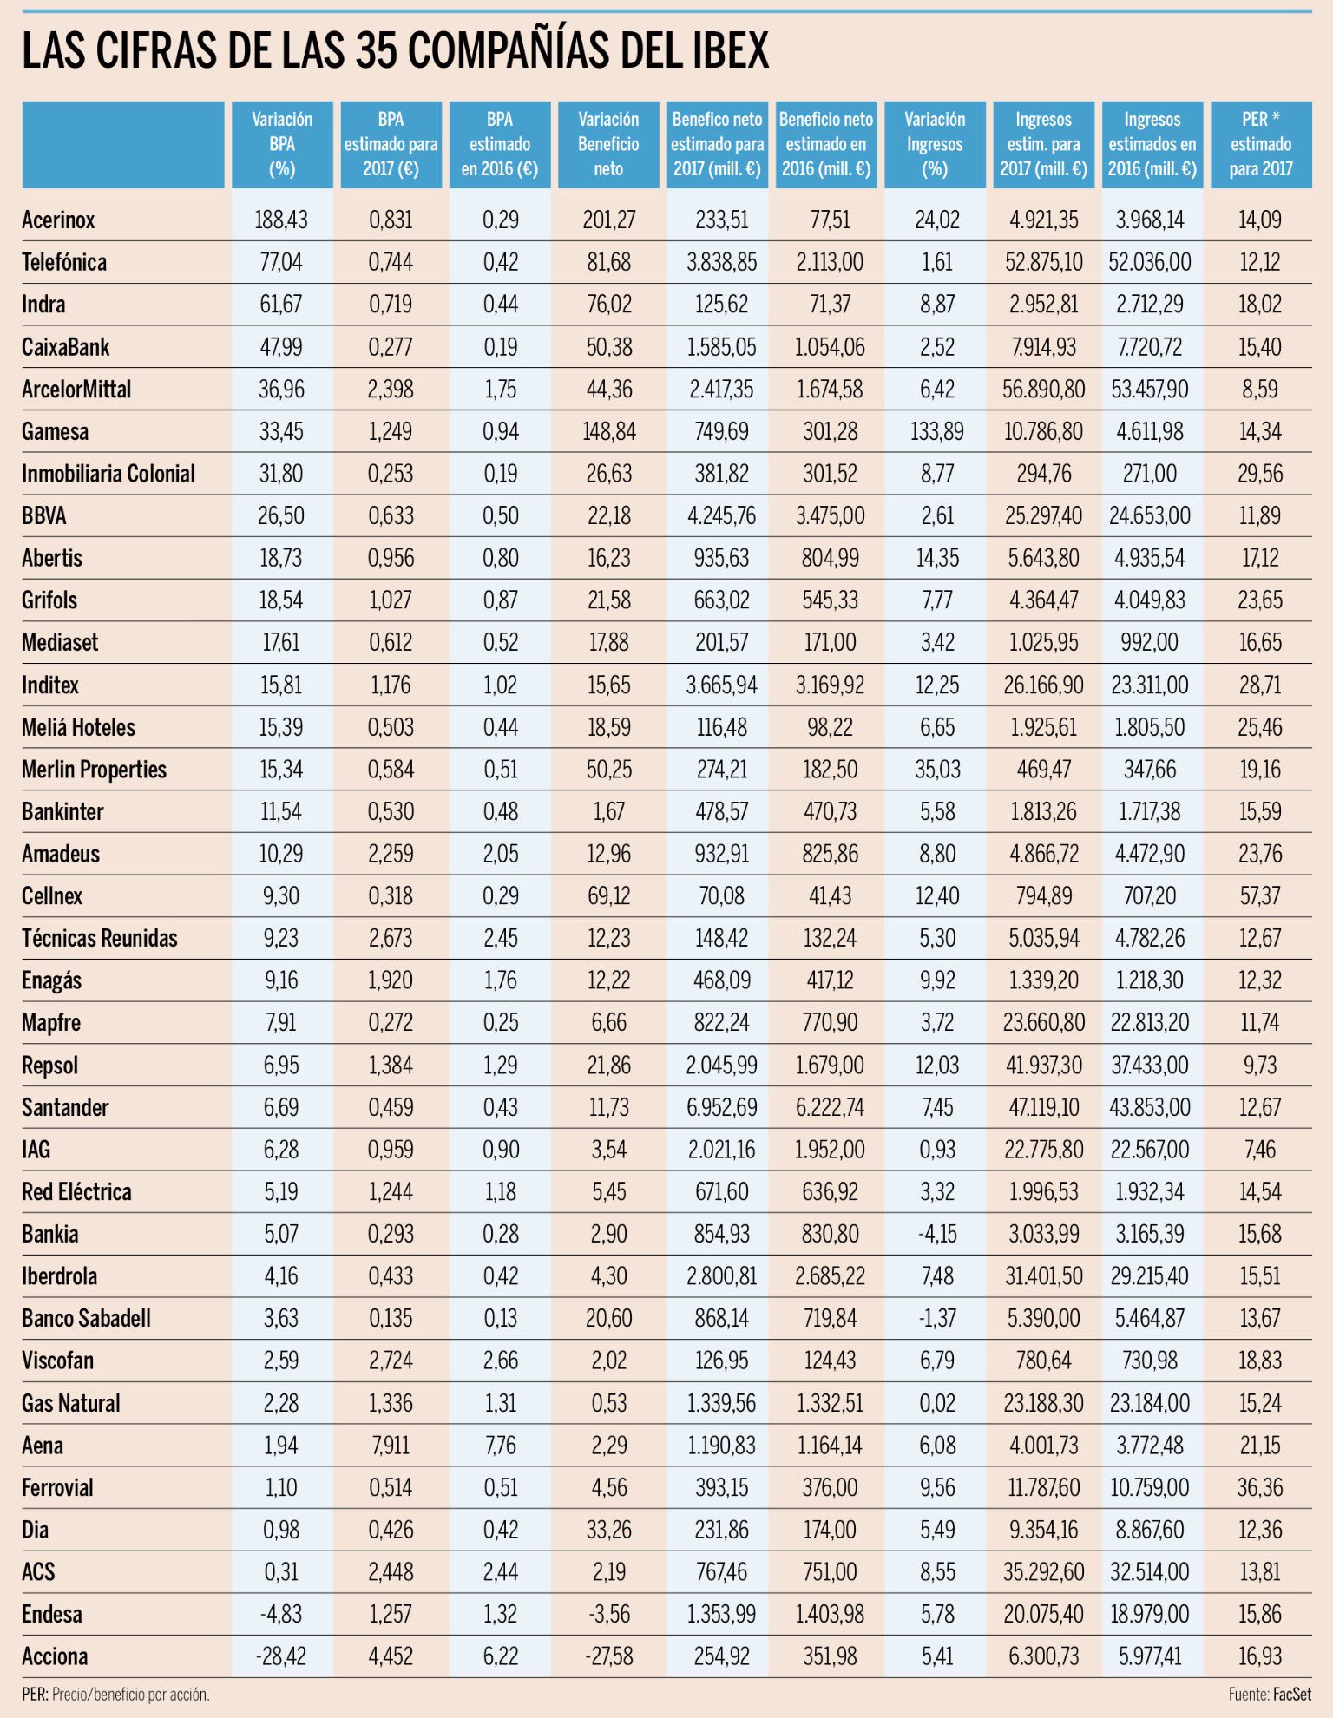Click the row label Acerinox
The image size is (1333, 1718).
[58, 220]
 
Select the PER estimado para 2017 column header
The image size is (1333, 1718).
[1260, 144]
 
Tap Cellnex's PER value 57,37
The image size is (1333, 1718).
[1259, 895]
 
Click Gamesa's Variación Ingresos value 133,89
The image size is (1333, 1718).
[937, 431]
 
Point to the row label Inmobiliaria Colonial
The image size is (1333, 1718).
[108, 474]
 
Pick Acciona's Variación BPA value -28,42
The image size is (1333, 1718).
[281, 1656]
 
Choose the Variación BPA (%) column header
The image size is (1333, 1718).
[282, 144]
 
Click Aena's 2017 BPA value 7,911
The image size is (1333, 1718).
[391, 1446]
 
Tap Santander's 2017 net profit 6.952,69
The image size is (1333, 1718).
[721, 1107]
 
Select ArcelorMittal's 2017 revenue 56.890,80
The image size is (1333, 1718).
[1043, 389]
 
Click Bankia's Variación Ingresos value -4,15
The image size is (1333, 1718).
[937, 1234]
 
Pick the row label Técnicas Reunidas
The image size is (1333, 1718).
[100, 938]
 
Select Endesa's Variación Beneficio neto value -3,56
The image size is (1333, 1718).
[608, 1614]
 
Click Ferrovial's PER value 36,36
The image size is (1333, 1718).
[1259, 1487]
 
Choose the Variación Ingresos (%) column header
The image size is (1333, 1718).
[935, 144]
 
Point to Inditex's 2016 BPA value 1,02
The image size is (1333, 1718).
[500, 685]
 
